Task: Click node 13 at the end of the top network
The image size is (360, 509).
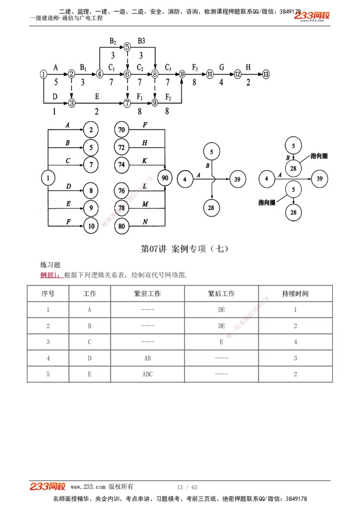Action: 266,74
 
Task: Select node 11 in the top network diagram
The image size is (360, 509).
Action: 210,74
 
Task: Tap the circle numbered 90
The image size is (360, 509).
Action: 165,178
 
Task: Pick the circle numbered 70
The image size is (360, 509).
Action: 121,130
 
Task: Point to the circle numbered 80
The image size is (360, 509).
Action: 121,226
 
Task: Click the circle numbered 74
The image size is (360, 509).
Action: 121,165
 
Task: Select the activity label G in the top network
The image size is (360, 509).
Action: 222,67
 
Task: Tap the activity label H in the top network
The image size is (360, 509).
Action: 248,67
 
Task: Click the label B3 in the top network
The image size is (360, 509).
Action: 141,41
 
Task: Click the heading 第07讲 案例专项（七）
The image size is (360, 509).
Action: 185,249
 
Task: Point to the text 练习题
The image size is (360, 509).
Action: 50,265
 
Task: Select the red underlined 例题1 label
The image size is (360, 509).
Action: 50,275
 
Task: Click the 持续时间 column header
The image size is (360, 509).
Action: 295,294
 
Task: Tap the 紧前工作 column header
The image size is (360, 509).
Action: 147,294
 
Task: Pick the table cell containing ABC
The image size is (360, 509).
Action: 147,374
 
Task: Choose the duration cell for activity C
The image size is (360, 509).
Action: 295,342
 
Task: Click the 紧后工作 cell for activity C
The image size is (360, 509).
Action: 221,342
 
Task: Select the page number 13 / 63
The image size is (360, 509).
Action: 187,487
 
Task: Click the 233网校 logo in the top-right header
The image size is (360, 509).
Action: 312,16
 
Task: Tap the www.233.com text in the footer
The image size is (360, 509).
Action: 88,487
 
